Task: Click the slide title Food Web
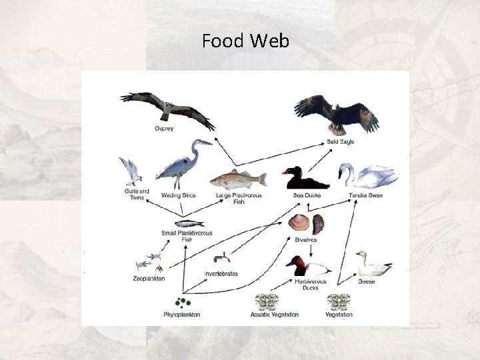click(x=245, y=41)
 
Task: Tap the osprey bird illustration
click(x=167, y=107)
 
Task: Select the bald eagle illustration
click(x=337, y=114)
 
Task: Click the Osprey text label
click(x=164, y=129)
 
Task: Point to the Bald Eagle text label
click(x=340, y=142)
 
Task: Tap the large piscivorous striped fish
click(x=238, y=179)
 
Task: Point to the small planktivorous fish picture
click(x=189, y=223)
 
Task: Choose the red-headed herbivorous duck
click(x=308, y=267)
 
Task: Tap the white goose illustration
click(x=371, y=265)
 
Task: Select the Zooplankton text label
click(x=149, y=279)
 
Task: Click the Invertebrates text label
click(x=221, y=274)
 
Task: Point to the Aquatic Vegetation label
click(x=274, y=315)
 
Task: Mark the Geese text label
click(x=366, y=281)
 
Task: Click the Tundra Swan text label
click(x=365, y=195)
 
